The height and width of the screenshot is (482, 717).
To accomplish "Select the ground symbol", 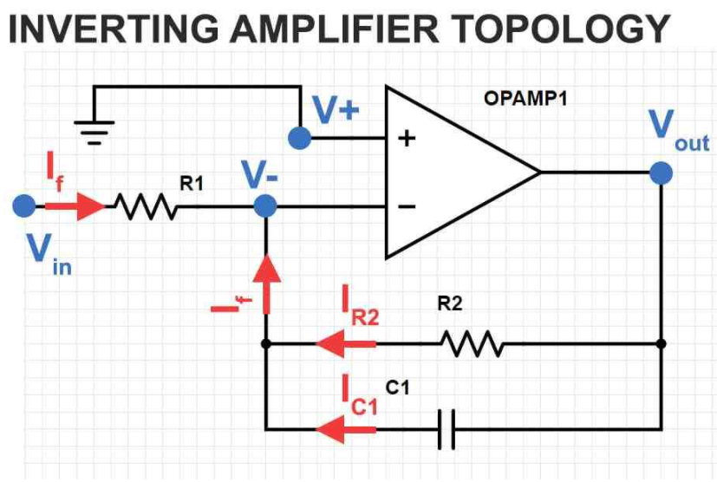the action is pyautogui.click(x=95, y=133).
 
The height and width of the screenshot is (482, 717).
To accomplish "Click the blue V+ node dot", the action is pyautogui.click(x=300, y=138).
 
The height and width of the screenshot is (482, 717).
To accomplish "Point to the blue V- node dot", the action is pyautogui.click(x=265, y=206).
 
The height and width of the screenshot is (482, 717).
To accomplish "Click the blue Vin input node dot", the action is pyautogui.click(x=24, y=205).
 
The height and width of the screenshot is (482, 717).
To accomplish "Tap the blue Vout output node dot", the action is pyautogui.click(x=662, y=173).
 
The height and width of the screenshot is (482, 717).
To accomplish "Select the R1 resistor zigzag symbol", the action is pyautogui.click(x=146, y=206).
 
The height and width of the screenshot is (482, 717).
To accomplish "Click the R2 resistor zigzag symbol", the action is pyautogui.click(x=473, y=343).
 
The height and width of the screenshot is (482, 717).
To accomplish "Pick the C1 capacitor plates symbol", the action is pyautogui.click(x=446, y=429).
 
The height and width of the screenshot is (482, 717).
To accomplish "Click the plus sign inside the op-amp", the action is pyautogui.click(x=407, y=138).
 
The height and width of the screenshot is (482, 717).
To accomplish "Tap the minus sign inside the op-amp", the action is pyautogui.click(x=407, y=206).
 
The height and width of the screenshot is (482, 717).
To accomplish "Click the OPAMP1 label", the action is pyautogui.click(x=525, y=99).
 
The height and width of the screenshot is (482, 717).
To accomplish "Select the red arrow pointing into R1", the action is pyautogui.click(x=75, y=206).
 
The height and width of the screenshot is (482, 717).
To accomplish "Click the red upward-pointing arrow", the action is pyautogui.click(x=266, y=284).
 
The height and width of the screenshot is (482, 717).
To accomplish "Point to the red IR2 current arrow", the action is pyautogui.click(x=346, y=343).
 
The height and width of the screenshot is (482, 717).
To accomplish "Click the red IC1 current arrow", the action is pyautogui.click(x=346, y=429).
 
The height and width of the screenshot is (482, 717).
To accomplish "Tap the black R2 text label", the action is pyautogui.click(x=450, y=303).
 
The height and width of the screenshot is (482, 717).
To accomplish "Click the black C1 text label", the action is pyautogui.click(x=397, y=388).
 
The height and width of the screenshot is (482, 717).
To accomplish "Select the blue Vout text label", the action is pyautogui.click(x=679, y=130).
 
